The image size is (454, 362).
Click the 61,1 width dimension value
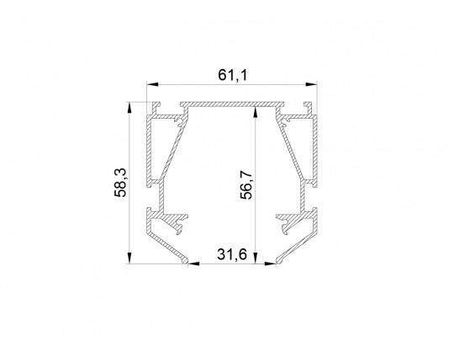(x=233, y=76)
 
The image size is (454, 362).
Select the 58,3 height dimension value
(x=120, y=183)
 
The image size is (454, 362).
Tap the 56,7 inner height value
(x=246, y=184)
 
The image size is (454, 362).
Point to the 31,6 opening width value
(x=232, y=255)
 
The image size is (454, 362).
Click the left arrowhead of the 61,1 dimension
(x=152, y=84)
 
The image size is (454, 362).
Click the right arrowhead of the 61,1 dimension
(x=311, y=84)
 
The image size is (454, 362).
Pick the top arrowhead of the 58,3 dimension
(x=129, y=108)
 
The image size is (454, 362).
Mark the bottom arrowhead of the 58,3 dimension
(x=129, y=258)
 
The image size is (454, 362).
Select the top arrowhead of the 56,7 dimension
(x=255, y=113)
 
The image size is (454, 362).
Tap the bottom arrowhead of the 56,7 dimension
(x=255, y=258)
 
